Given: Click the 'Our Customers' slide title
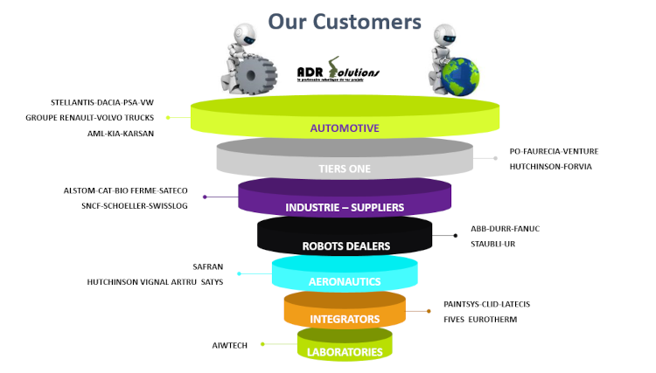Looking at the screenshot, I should click(344, 20).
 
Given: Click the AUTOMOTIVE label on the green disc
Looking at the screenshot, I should click(345, 128).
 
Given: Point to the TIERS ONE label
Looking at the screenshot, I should click(345, 169).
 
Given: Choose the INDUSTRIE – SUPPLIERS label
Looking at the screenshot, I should click(345, 207).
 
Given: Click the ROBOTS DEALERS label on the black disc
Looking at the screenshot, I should click(345, 245).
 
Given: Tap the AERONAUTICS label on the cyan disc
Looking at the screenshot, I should click(345, 281).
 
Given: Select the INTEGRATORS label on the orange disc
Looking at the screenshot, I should click(345, 319).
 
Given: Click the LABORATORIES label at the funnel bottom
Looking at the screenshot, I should click(345, 352).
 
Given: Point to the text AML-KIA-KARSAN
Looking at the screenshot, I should click(121, 134).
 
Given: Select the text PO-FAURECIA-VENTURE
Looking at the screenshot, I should click(554, 151).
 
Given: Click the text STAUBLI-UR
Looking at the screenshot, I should click(493, 244).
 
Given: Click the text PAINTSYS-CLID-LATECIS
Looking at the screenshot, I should click(486, 304).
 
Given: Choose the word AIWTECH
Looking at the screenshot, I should click(230, 345).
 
